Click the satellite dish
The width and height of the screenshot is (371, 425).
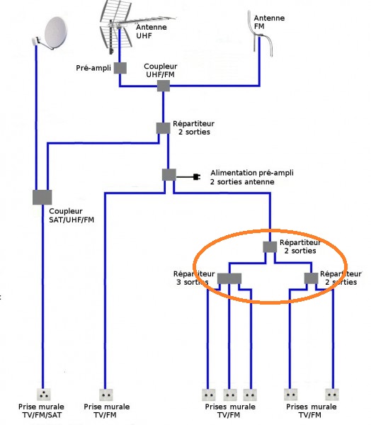point(52,34)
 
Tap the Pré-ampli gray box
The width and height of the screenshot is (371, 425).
point(120,68)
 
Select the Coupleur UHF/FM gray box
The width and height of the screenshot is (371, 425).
point(164,86)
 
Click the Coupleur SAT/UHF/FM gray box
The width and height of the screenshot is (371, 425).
point(42,198)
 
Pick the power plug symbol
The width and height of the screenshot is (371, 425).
point(197,177)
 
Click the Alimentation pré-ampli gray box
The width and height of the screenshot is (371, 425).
point(169,175)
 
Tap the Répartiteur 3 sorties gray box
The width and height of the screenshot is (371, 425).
point(229,278)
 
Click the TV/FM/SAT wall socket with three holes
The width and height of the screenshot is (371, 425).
point(43,395)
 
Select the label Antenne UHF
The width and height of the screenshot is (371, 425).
point(152,31)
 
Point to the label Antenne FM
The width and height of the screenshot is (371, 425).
point(269,22)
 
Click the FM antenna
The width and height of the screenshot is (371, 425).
point(259,34)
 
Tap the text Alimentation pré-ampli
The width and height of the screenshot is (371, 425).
point(252,173)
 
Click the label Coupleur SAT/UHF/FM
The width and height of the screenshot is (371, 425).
point(72,215)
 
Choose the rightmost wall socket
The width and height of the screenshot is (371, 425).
point(332,395)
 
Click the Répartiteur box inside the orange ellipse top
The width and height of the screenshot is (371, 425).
point(270,247)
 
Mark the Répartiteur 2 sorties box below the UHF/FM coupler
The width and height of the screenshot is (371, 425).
point(163,128)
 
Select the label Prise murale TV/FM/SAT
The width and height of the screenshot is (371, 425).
point(41,411)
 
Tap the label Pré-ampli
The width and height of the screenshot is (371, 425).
point(93,68)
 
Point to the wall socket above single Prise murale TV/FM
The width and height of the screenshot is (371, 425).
point(106,395)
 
